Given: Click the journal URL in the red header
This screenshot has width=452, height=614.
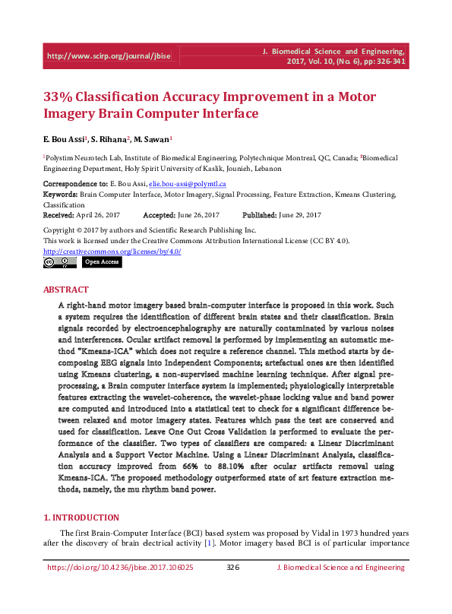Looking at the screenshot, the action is pyautogui.click(x=109, y=56).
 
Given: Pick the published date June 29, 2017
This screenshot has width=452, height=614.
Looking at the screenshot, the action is pyautogui.click(x=299, y=215).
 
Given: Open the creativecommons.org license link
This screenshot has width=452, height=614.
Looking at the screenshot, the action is pyautogui.click(x=112, y=251).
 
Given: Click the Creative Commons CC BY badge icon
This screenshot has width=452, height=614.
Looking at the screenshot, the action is pyautogui.click(x=59, y=262).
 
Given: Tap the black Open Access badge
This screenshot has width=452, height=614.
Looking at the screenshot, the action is pyautogui.click(x=101, y=262).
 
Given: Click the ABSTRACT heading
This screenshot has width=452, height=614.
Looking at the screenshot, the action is pyautogui.click(x=66, y=290).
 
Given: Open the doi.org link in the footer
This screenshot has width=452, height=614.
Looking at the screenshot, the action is pyautogui.click(x=120, y=567).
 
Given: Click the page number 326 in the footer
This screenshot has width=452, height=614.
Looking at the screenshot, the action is pyautogui.click(x=233, y=567).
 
